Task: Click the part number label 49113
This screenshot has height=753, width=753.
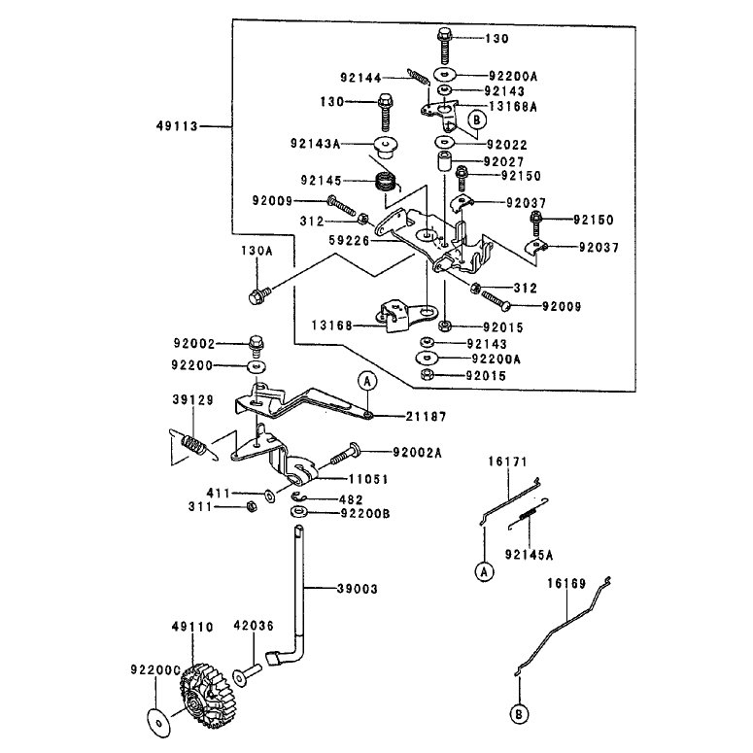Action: [x=177, y=126]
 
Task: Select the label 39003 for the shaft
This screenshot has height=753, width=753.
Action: [x=358, y=589]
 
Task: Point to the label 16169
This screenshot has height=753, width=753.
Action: [x=567, y=584]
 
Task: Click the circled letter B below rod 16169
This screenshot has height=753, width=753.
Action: [x=519, y=714]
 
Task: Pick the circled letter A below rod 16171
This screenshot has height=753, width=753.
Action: [x=484, y=572]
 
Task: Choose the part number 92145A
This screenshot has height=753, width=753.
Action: [x=530, y=555]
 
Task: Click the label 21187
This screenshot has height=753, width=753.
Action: [x=427, y=417]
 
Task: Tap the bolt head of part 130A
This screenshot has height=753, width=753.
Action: [x=256, y=296]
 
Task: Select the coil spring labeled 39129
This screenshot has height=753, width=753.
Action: [x=193, y=444]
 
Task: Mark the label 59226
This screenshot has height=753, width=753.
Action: [x=349, y=240]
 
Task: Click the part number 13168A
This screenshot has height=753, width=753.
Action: [x=513, y=107]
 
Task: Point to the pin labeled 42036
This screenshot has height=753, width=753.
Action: [x=248, y=673]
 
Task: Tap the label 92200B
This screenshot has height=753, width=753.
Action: [x=365, y=513]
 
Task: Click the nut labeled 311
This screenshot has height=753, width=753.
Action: [x=251, y=506]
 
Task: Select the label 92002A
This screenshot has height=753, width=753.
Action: [x=418, y=453]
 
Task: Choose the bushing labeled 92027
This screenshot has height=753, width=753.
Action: [x=444, y=160]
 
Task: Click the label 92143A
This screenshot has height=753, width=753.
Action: [x=315, y=144]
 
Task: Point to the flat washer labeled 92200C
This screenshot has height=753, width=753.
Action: [x=158, y=721]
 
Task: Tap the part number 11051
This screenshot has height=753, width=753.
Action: [x=368, y=479]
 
